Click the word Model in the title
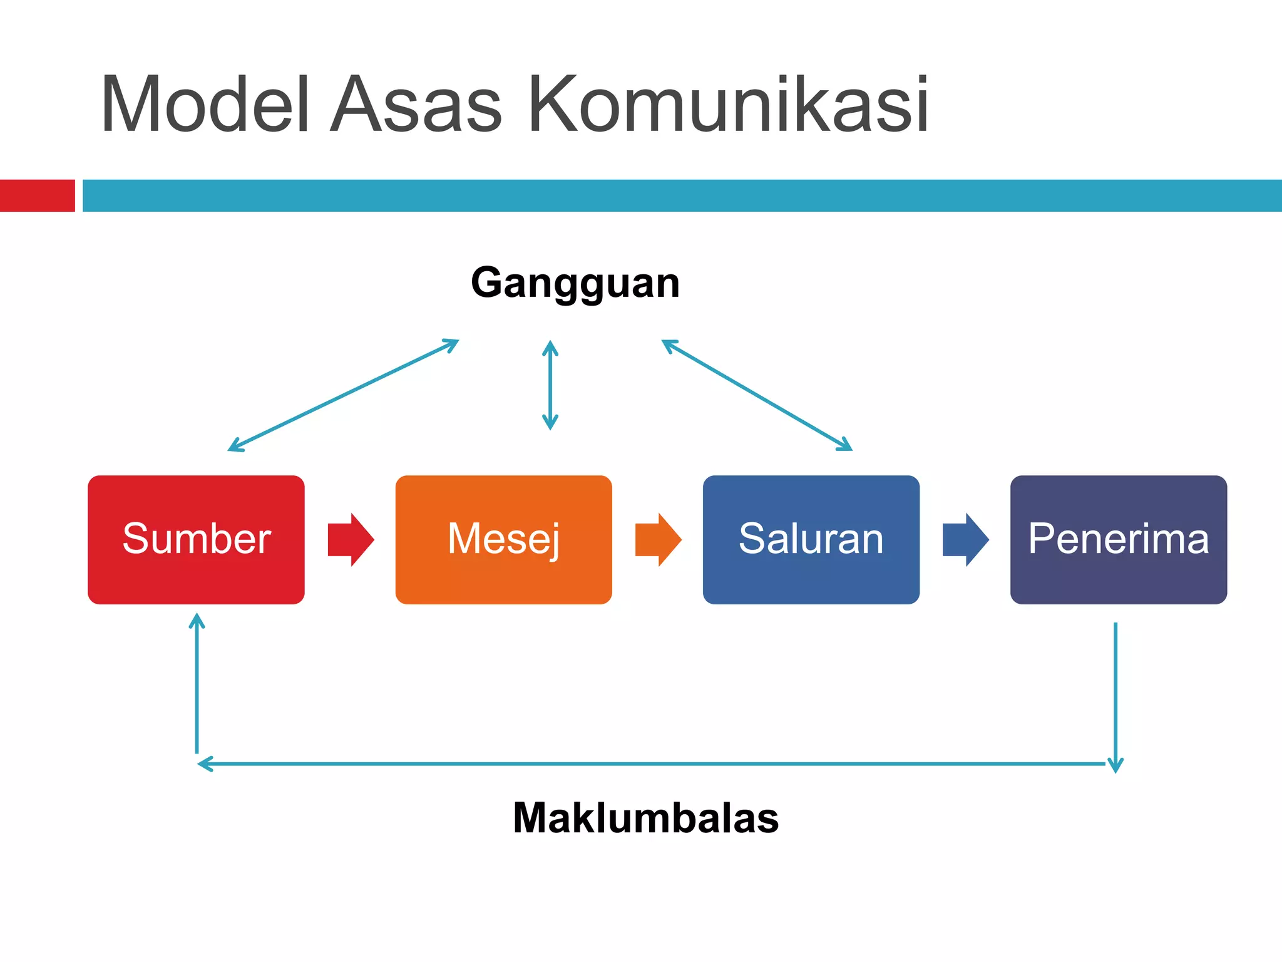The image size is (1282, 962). coord(205,105)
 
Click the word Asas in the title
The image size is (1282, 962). coord(416,105)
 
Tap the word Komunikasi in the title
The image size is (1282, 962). coord(728,105)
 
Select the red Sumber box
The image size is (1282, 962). coord(196,539)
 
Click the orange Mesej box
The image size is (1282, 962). coord(503,539)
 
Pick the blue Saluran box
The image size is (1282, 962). coord(811,539)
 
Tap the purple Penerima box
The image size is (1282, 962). coord(1118,539)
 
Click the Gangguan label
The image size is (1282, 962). coord(575,283)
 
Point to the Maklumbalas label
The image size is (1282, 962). coord(645,818)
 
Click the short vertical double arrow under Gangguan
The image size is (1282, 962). coord(550,385)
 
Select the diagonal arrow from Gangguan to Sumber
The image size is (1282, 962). coord(343,395)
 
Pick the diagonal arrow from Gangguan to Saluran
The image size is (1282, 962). coord(757,395)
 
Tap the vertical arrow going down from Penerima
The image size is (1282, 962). coord(1115,695)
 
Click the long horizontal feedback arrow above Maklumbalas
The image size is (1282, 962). coord(651,763)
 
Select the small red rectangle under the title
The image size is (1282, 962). coord(37,195)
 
